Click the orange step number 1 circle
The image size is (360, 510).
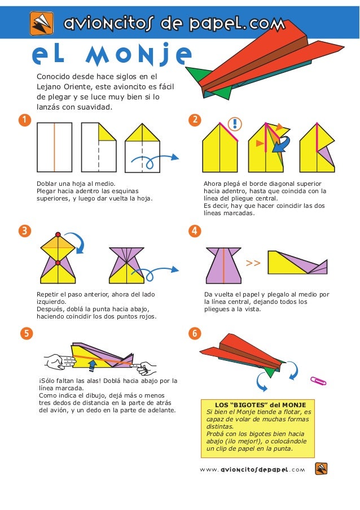click(25, 120)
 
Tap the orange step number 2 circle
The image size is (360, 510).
click(195, 120)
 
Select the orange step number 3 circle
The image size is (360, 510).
click(25, 231)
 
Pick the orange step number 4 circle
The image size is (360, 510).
click(195, 231)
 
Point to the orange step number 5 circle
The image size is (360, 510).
click(27, 333)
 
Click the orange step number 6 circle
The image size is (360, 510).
click(195, 333)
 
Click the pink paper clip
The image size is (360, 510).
click(318, 381)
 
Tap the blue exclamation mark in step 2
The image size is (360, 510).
click(235, 124)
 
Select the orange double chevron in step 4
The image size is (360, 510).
click(253, 263)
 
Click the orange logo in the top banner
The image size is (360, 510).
click(42, 23)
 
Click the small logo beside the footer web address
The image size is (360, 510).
click(321, 469)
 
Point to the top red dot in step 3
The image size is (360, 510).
click(58, 234)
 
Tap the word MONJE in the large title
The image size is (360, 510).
click(138, 55)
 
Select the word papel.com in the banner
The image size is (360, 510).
click(238, 24)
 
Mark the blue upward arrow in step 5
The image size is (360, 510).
click(93, 365)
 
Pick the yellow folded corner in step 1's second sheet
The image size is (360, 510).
click(107, 132)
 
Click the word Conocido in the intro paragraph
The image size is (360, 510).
click(53, 77)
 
